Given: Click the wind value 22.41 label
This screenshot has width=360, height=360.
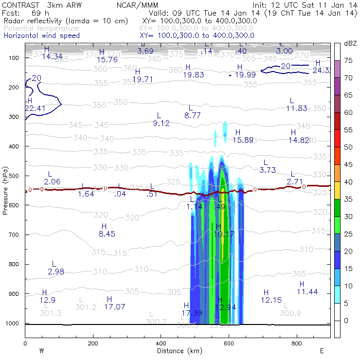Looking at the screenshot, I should click(32, 108).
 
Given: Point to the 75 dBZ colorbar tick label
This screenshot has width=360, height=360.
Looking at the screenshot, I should click(348, 61).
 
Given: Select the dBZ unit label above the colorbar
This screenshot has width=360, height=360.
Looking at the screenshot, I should click(350, 43).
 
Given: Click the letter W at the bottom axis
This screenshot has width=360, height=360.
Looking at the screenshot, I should click(42, 351).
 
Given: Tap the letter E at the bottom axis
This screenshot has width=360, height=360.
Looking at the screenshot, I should click(322, 351).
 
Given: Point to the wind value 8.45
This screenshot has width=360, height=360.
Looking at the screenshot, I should click(107, 234).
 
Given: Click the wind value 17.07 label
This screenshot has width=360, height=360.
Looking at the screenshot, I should click(114, 306).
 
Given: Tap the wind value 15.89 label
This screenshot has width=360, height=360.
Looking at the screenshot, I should click(243, 140).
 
